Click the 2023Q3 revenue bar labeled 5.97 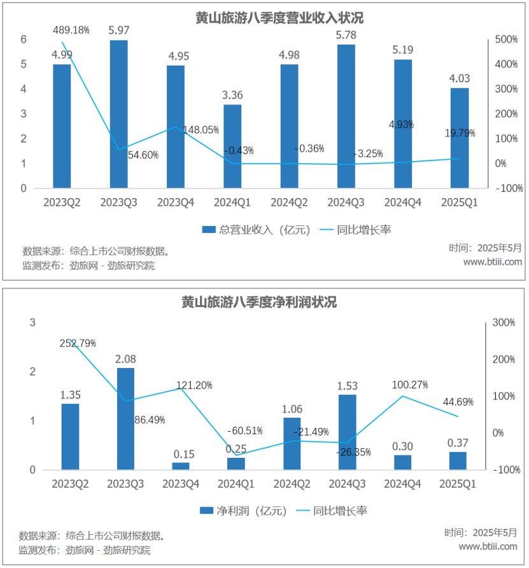[118, 115]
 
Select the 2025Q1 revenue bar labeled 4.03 [460, 138]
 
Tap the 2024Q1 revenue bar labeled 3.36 [232, 146]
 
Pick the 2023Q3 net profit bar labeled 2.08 [125, 419]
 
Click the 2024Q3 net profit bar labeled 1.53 [347, 432]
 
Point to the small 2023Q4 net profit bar [181, 466]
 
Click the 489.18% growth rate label [71, 30]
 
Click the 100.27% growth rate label [409, 385]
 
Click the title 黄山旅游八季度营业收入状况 [265, 17]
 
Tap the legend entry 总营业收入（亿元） [256, 230]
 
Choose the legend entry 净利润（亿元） [243, 511]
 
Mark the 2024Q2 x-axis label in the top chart [290, 202]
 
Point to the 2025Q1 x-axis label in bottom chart [458, 485]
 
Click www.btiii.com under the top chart [492, 262]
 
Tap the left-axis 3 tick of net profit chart [32, 323]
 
